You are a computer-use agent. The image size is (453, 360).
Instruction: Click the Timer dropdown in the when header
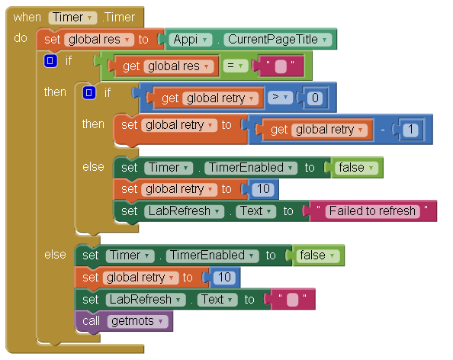point(72,18)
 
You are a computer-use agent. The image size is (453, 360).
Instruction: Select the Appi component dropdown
point(191,40)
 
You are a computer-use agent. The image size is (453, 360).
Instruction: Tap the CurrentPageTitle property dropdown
point(277,40)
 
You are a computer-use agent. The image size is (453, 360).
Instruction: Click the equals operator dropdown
point(236,66)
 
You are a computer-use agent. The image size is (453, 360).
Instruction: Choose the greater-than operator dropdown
point(280,98)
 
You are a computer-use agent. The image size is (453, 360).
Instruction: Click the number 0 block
point(315,98)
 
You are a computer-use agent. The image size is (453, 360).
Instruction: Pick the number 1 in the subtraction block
point(410,130)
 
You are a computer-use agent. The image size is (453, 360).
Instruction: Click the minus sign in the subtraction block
point(383,130)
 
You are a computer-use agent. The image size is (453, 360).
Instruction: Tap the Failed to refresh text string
point(372,211)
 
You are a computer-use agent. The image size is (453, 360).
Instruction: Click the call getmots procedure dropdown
point(137,321)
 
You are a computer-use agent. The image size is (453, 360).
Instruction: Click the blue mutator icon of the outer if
point(50,61)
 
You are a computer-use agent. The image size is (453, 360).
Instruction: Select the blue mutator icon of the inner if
point(89,93)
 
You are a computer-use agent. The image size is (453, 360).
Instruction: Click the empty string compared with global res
point(281,66)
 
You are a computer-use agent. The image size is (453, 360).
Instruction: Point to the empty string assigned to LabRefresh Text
point(292,300)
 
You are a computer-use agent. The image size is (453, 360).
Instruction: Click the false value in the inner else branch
point(356,168)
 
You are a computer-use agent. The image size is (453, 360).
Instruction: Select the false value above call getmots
point(317,256)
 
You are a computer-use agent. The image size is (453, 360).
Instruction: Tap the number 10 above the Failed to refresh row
point(263,189)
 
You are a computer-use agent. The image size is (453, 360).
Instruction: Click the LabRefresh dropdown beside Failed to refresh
point(184,211)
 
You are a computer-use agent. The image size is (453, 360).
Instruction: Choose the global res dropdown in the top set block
point(99,40)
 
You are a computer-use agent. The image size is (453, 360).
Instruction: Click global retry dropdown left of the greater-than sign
point(220,98)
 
